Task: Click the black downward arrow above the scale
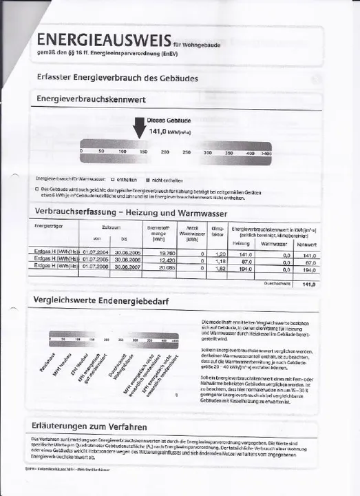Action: pos(138,127)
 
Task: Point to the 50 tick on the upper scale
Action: pos(101,150)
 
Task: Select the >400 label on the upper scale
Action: pos(266,152)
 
